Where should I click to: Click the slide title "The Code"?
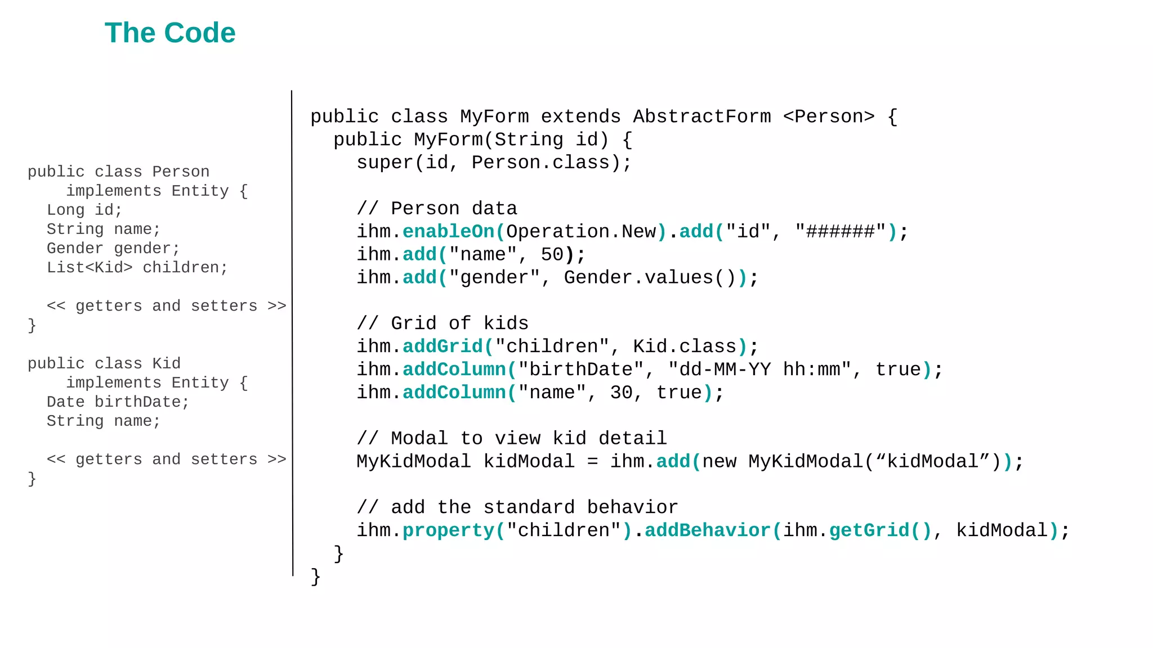click(x=170, y=33)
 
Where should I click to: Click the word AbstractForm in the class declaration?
click(x=701, y=116)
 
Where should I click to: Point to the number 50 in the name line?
click(x=552, y=254)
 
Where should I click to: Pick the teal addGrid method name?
click(x=443, y=346)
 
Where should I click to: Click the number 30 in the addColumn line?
click(x=621, y=392)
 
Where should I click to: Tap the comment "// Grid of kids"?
click(x=443, y=323)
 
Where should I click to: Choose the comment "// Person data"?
click(x=437, y=208)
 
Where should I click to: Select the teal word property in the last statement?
click(x=448, y=530)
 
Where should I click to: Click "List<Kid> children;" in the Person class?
click(x=137, y=267)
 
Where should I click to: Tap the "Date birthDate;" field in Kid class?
click(x=118, y=402)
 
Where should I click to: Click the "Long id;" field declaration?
click(x=84, y=210)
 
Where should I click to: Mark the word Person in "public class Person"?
click(x=181, y=172)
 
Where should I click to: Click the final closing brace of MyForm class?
click(x=316, y=577)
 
